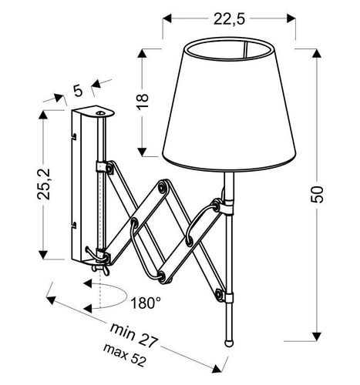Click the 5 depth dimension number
point(77,90)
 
